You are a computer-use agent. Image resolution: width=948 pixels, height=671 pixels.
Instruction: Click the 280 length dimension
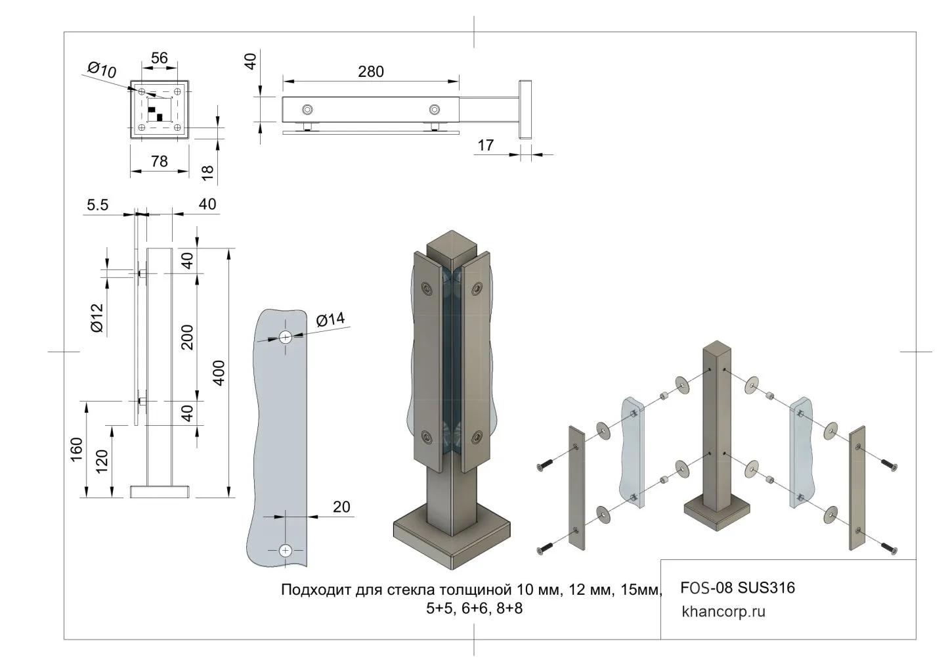[370, 71]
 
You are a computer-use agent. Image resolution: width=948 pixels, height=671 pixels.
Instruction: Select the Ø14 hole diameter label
[330, 319]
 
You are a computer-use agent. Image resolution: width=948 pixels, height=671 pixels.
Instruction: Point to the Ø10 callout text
[102, 69]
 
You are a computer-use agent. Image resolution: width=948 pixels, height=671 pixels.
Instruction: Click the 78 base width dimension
[159, 160]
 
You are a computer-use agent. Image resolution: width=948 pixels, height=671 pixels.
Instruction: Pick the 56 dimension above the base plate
[160, 58]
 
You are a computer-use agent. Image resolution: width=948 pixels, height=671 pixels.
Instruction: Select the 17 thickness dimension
[485, 145]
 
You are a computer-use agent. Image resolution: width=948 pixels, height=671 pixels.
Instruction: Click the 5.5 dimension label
[97, 205]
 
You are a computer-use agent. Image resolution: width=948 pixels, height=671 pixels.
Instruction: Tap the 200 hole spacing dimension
[187, 336]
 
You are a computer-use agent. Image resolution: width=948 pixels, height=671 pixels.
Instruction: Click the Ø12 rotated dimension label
[97, 318]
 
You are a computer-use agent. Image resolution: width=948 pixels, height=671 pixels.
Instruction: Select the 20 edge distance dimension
[341, 507]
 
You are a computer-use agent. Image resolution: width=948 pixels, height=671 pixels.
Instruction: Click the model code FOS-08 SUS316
[737, 587]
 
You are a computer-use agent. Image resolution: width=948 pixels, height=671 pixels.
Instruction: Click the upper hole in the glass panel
[286, 337]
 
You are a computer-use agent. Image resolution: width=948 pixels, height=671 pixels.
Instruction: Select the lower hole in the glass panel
[286, 550]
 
